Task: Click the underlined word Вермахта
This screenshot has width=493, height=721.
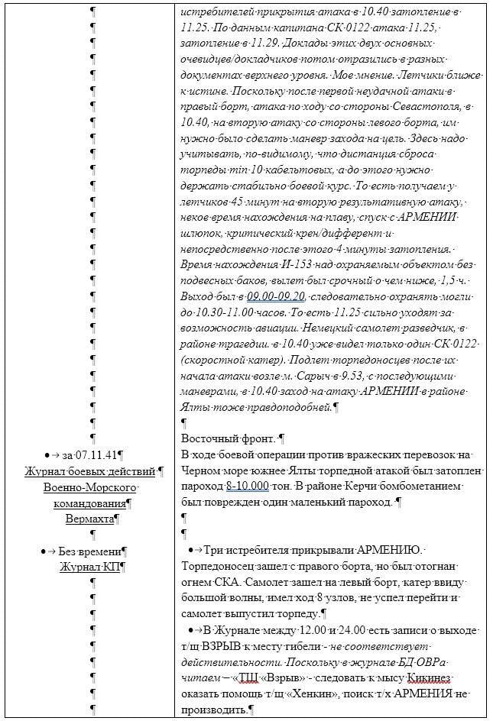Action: [x=89, y=518]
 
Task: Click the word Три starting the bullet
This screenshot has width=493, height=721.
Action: [x=215, y=550]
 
